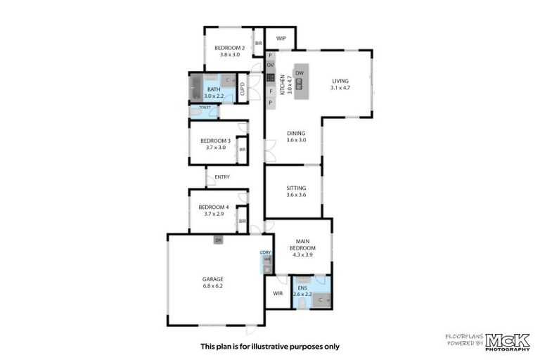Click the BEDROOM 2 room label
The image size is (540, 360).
coord(230,47)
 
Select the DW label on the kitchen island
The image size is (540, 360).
coord(299,73)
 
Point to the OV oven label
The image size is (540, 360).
coord(270,65)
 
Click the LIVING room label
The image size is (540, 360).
coord(340,82)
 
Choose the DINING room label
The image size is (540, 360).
coord(297,133)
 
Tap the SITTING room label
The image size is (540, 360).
coord(296,188)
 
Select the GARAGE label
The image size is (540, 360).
coord(212,279)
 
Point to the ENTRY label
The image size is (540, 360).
coord(222,176)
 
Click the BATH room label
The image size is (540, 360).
coord(213,89)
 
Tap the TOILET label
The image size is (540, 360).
coord(205,108)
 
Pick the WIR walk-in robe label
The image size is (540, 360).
coord(278,293)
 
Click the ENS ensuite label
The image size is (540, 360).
coord(302,288)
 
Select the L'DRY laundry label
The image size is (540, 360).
coord(266,252)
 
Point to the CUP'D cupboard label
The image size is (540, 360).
coord(243,89)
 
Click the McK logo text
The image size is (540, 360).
coord(506,338)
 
